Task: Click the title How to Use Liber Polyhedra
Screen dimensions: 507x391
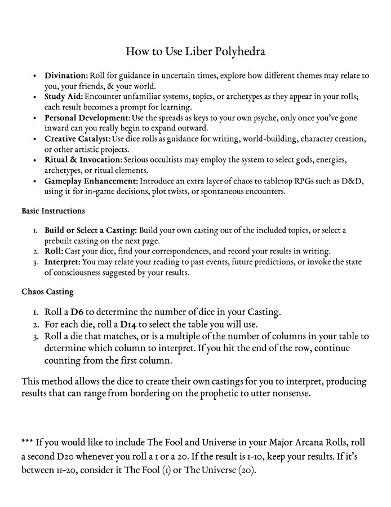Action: click(195, 52)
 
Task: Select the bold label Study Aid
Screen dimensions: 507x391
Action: click(64, 97)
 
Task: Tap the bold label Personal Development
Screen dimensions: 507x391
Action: click(87, 117)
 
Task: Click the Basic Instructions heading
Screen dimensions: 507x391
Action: click(53, 211)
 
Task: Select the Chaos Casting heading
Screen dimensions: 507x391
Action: click(47, 292)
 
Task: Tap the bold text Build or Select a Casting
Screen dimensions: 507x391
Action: click(90, 230)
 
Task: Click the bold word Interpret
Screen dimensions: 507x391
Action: click(63, 263)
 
